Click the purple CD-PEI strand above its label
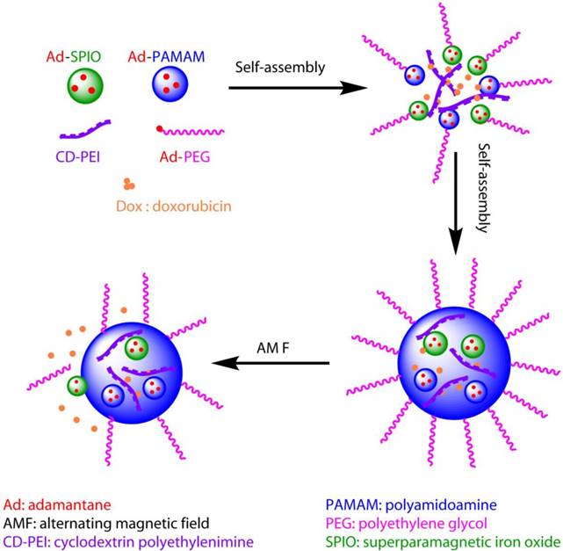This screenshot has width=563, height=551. click(x=85, y=130)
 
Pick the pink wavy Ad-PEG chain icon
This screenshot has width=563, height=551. click(x=196, y=133)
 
